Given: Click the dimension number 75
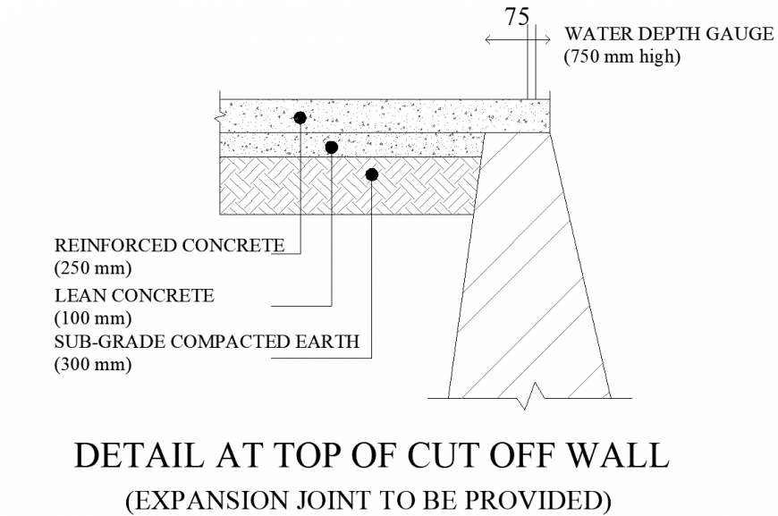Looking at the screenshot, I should tap(516, 17).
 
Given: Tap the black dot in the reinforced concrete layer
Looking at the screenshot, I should tap(300, 117).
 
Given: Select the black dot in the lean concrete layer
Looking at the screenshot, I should tap(331, 147).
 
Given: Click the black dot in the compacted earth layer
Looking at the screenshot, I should tap(372, 173).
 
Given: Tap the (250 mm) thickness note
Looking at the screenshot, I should tap(93, 267).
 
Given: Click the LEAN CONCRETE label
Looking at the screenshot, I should tap(135, 294).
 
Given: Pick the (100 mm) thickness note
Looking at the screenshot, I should tap(93, 317).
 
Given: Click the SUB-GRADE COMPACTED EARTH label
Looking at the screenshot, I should tap(207, 341).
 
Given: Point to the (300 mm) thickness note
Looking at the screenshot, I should tap(93, 365).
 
